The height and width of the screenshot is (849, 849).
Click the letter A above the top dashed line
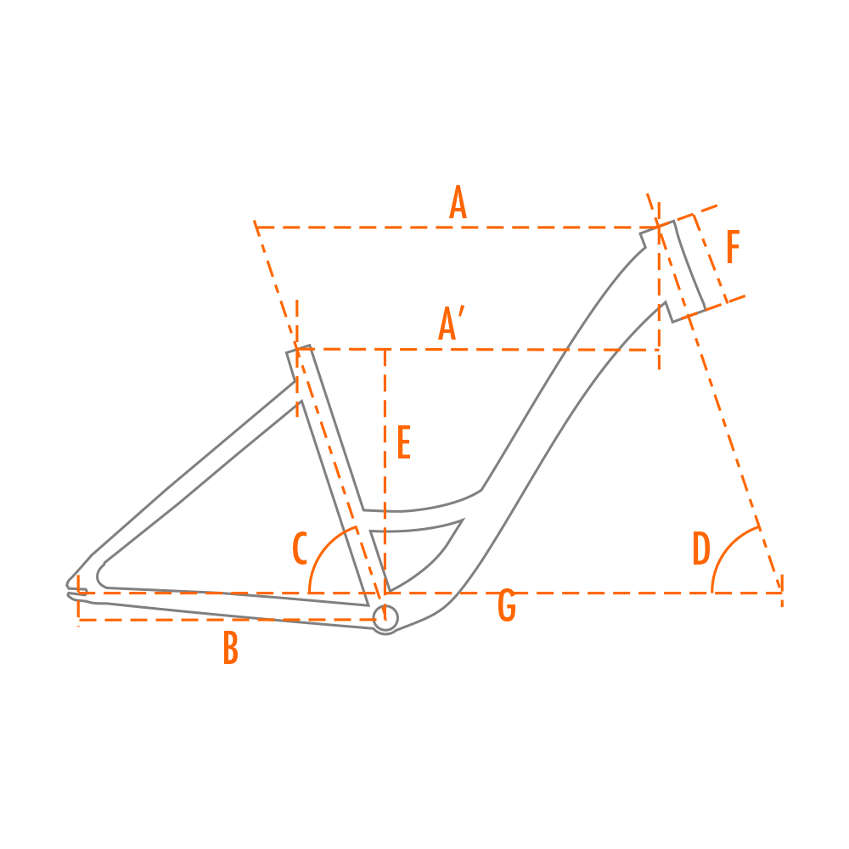tap(458, 202)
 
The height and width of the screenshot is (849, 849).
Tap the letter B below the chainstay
tap(231, 648)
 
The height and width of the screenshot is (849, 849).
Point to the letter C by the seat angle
tap(300, 548)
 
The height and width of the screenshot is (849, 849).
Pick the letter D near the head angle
tap(701, 548)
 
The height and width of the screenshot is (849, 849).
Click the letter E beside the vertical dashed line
tap(404, 442)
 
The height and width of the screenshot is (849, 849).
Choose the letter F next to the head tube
tap(733, 247)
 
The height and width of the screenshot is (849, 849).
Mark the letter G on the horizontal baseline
tap(507, 605)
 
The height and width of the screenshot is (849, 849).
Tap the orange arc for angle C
tap(323, 548)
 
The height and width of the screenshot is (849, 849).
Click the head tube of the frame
tap(673, 272)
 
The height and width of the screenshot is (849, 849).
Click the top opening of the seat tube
tap(298, 349)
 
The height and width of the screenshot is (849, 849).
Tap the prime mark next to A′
tap(461, 311)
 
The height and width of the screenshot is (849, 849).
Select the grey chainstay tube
tap(228, 604)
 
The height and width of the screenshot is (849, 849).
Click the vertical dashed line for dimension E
tap(385, 471)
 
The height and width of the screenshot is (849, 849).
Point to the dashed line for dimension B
tap(228, 620)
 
